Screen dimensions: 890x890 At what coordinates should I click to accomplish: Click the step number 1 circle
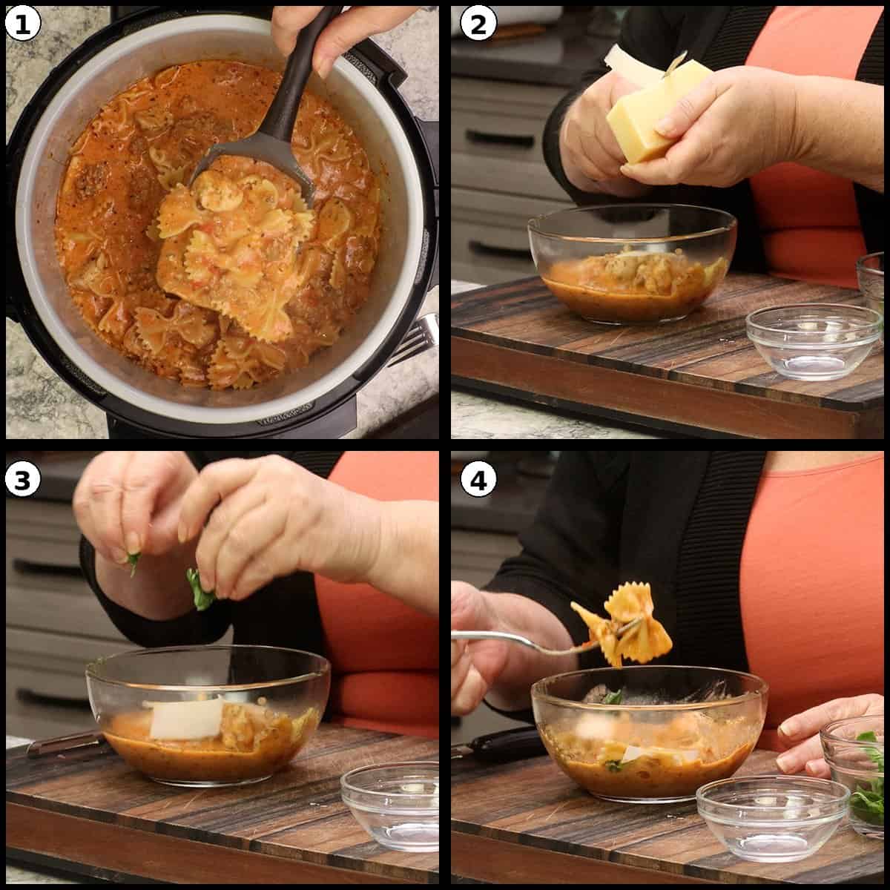pyautogui.click(x=22, y=24)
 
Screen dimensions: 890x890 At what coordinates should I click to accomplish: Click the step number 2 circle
pyautogui.click(x=475, y=24)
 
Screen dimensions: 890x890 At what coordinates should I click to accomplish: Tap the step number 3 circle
pyautogui.click(x=22, y=480)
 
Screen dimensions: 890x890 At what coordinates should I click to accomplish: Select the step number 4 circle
pyautogui.click(x=475, y=480)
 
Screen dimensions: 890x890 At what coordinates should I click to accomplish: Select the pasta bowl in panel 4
pyautogui.click(x=649, y=731)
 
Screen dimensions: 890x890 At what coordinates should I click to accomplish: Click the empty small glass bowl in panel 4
pyautogui.click(x=771, y=816)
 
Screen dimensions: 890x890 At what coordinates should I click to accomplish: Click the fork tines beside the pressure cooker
pyautogui.click(x=419, y=337)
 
